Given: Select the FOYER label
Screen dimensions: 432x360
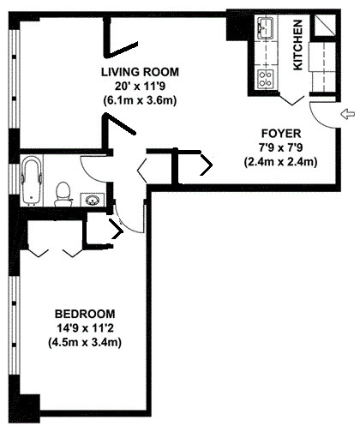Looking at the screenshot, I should tap(280, 133).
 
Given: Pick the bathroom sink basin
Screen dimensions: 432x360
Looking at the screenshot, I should tap(92, 200).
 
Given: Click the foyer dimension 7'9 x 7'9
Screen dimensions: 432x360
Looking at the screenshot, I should tap(280, 147).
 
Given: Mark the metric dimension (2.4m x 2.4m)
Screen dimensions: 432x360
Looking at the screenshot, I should tap(280, 160).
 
